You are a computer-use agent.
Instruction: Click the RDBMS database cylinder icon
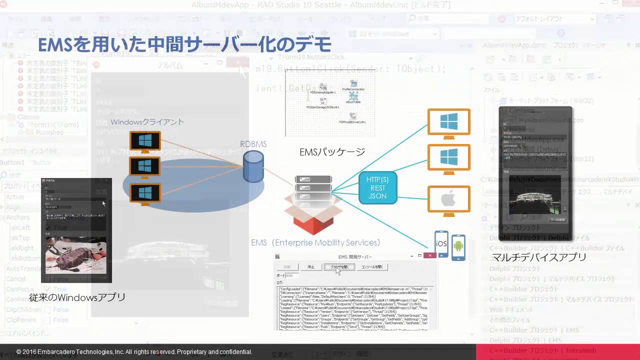point(253,167)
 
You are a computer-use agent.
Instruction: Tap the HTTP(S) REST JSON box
point(377,188)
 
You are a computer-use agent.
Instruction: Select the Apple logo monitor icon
point(448,199)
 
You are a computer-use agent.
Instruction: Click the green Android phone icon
point(458,246)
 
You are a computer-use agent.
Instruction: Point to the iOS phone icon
point(441,243)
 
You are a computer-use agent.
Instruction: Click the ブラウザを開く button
point(339,267)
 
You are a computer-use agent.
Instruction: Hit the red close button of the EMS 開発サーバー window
point(429,255)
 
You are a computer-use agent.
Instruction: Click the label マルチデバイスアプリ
point(539,257)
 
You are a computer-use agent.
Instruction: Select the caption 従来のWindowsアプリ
point(77,297)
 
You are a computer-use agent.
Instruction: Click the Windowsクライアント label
point(147,122)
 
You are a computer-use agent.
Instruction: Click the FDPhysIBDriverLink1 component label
point(352,122)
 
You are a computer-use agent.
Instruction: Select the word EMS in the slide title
point(56,45)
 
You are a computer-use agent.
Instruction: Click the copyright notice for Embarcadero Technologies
point(134,352)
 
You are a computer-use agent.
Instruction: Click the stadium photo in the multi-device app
point(536,198)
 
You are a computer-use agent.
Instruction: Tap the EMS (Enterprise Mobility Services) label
point(315,242)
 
